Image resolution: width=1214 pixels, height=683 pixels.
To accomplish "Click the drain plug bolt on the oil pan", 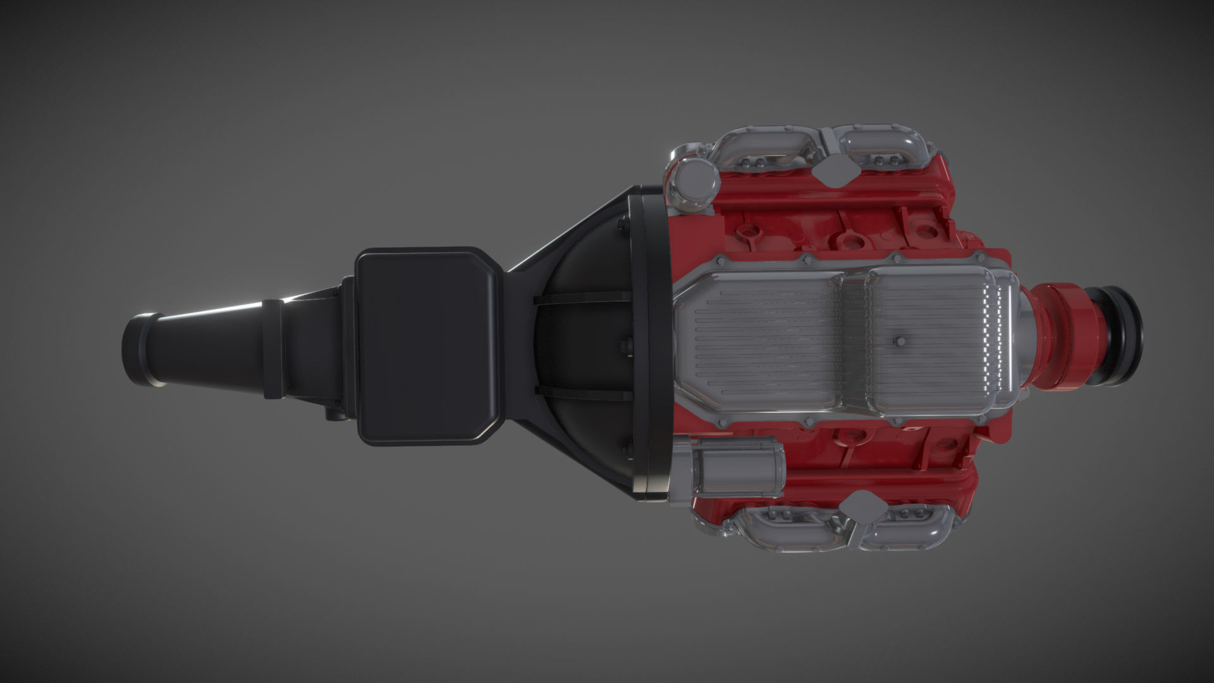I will pos(900,342).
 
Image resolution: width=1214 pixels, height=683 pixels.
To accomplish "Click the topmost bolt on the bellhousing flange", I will pos(623,223).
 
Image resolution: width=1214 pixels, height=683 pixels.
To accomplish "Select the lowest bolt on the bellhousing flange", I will pos(627,450).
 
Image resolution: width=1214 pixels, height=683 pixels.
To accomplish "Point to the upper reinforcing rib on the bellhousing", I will pos(582,297).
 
